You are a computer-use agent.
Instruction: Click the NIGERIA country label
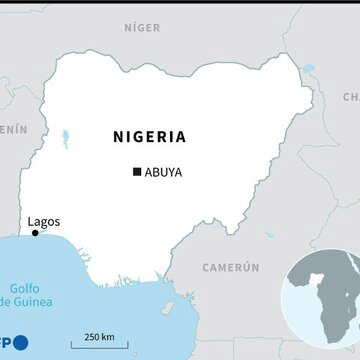pos(149,137)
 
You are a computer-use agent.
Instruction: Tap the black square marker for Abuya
pos(137,172)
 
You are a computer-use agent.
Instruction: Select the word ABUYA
pos(163,172)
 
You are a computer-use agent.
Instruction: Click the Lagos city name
pos(43,221)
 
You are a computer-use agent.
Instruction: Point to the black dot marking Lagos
pos(35,233)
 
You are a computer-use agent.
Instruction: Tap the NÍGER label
pos(142,28)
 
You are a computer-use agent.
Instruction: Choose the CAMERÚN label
pos(231,268)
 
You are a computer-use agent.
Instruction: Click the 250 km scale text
pos(98,335)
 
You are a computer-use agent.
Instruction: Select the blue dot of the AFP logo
pos(21,343)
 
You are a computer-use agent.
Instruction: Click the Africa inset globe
pos(321,297)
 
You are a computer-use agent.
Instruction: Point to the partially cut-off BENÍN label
pos(14,129)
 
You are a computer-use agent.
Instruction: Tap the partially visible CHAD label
pos(350,97)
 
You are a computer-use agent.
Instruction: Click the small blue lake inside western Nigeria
pos(66,138)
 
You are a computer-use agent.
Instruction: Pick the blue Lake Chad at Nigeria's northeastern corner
pos(307,69)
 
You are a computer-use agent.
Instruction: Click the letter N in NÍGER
pos(128,28)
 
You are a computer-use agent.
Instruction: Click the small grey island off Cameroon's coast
pos(167,308)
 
